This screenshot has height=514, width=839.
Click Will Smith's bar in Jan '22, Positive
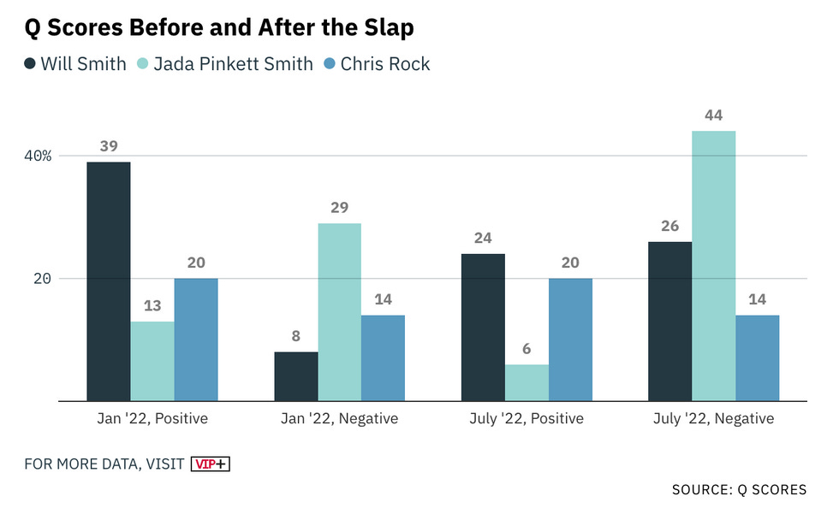pos(109,281)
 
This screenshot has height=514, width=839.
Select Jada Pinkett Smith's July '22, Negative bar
pos(713,266)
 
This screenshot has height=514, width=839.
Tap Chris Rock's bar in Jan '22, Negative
pos(383,357)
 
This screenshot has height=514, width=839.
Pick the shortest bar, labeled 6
pos(527,382)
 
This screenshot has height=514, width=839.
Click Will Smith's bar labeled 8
pos(295,376)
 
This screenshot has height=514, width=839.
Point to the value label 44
pos(713,115)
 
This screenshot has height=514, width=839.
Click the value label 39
pos(109,146)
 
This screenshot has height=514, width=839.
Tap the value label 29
pos(339,208)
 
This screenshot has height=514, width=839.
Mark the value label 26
pos(669,226)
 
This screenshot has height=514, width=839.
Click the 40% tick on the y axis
pos(39,156)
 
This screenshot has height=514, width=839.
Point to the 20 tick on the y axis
pos(43,279)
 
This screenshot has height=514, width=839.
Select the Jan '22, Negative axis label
pos(339,419)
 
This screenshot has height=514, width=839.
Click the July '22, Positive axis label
pos(526,419)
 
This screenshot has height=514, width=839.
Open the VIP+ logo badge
pos(211,464)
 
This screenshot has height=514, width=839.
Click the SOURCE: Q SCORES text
pos(739,490)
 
